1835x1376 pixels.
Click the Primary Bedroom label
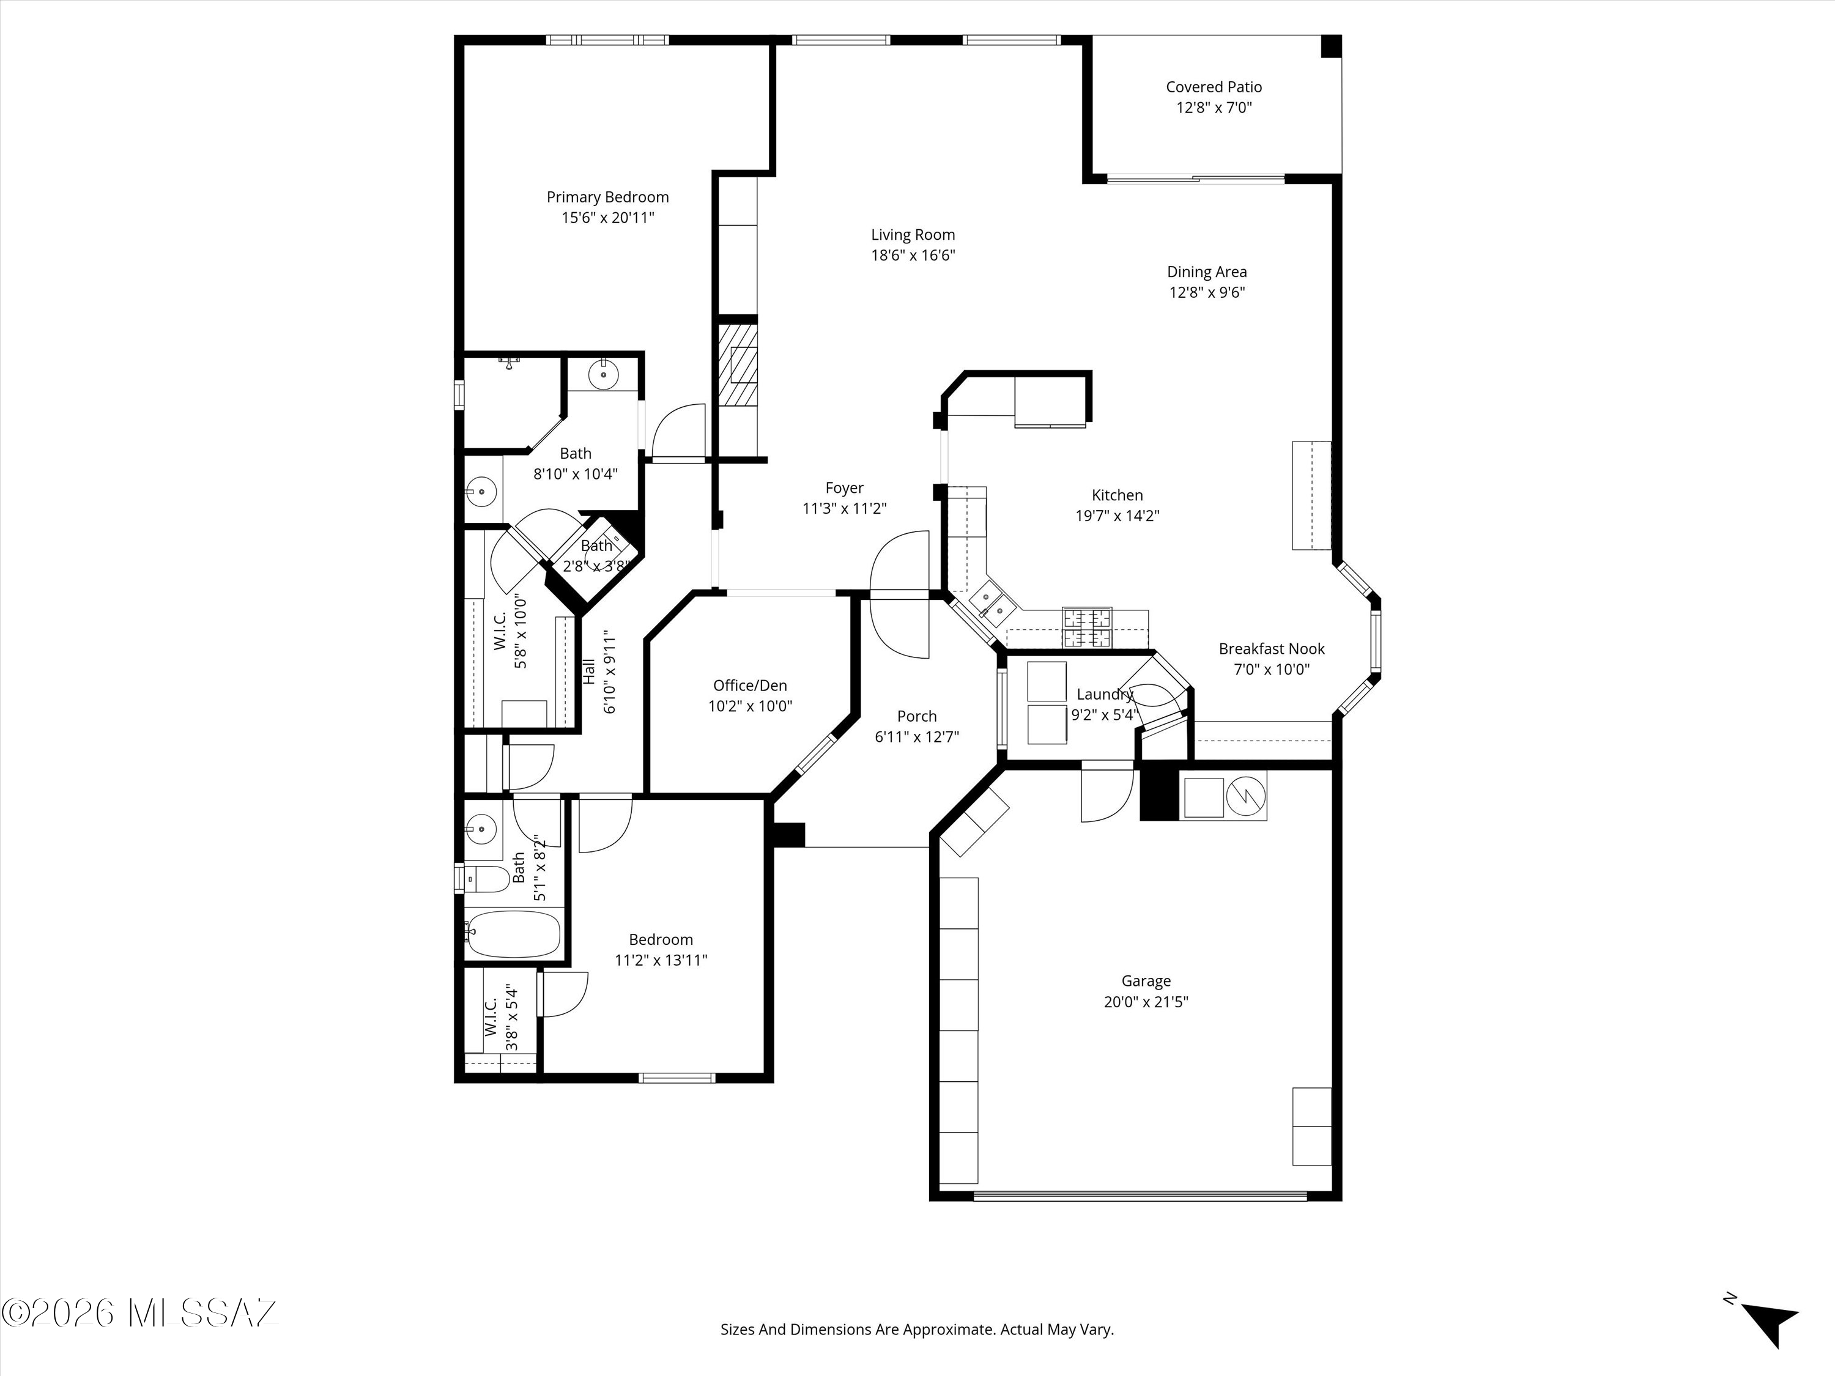click(x=607, y=198)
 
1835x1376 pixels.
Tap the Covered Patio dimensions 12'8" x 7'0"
click(x=1214, y=108)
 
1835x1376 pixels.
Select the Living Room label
click(x=913, y=235)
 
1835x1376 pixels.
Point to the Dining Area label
click(x=1207, y=272)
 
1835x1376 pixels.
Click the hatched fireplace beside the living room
click(x=738, y=364)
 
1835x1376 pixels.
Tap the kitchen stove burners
click(x=1087, y=628)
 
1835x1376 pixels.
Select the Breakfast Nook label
click(x=1272, y=649)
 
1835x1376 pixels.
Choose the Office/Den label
click(x=750, y=686)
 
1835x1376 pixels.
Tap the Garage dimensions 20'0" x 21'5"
click(x=1146, y=1002)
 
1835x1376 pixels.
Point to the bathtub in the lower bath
click(x=513, y=934)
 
